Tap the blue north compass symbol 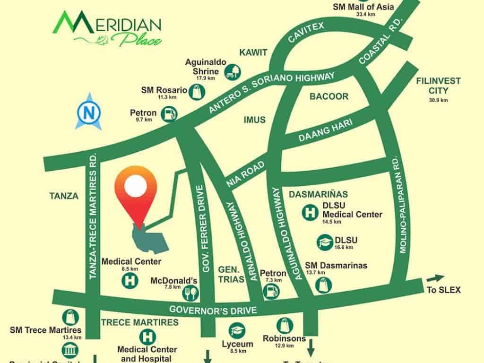(88, 112)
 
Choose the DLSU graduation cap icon (324, 242)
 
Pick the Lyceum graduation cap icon (236, 330)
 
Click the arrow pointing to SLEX (435, 278)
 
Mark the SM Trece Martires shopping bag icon (70, 317)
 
